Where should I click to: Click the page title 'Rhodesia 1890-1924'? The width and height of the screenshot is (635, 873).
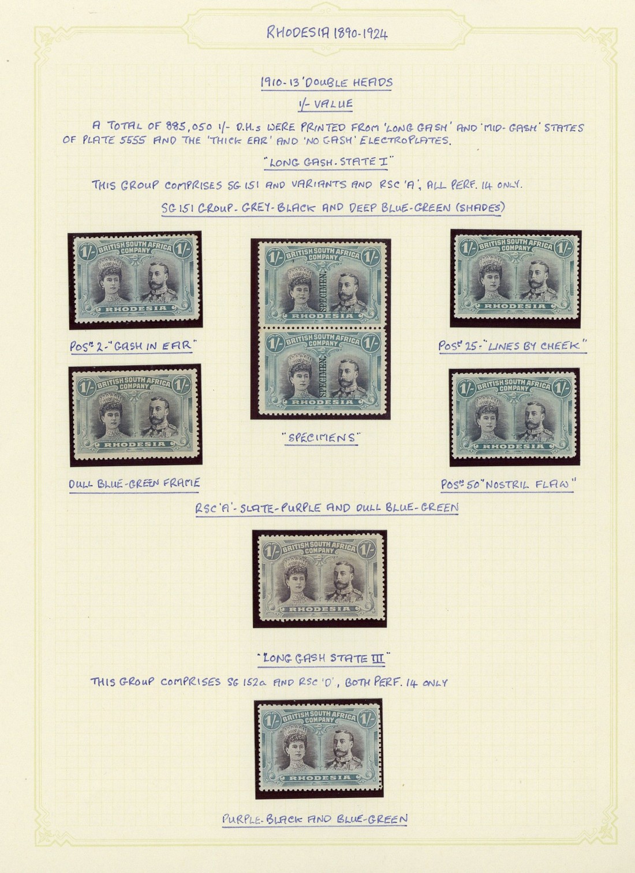coord(327,33)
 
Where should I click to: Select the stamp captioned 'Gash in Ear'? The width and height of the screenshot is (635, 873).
coord(136,279)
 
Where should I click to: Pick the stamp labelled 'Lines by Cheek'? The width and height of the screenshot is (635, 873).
coord(516,277)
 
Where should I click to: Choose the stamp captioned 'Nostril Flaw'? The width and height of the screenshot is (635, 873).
coord(514,417)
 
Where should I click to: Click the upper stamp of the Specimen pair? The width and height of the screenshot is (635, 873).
coord(322,284)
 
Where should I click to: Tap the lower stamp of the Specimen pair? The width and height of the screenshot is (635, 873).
coord(322,370)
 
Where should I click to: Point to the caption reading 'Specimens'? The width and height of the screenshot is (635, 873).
coord(321,438)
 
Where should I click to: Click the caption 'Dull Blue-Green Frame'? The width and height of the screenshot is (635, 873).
coord(135,484)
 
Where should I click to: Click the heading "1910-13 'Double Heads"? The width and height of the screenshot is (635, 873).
coord(326,83)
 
